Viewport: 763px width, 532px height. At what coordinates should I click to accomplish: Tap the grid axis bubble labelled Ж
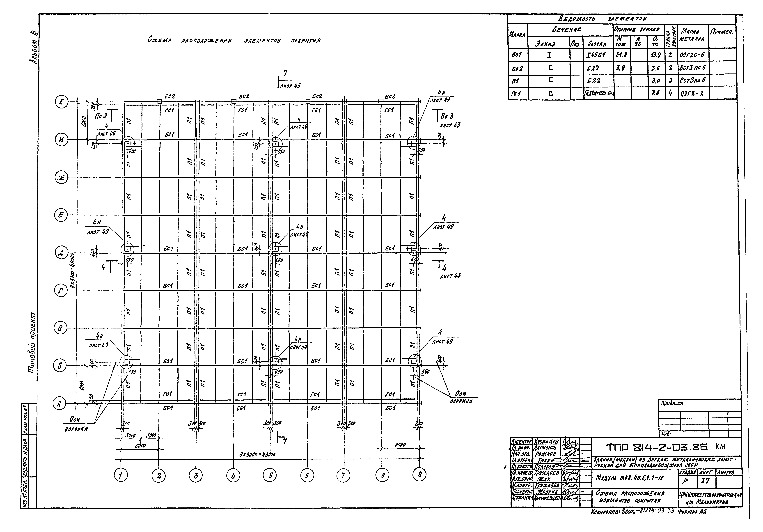61,178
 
